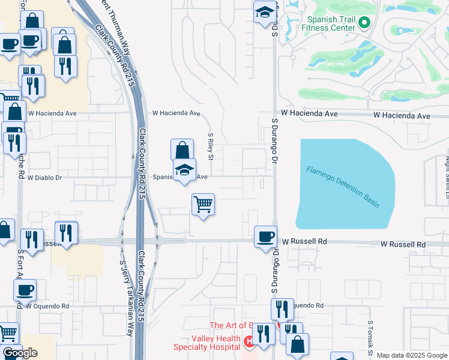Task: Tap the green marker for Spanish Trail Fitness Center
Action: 363,23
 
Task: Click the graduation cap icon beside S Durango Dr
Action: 264,12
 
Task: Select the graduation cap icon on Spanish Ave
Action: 185,170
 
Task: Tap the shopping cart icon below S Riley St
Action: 203,204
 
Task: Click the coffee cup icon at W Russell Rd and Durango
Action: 265,236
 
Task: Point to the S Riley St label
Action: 211,147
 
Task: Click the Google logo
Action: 20,353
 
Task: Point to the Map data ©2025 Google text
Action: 412,355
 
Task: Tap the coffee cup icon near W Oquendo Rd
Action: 25,290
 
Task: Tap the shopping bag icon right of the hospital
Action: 297,345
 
